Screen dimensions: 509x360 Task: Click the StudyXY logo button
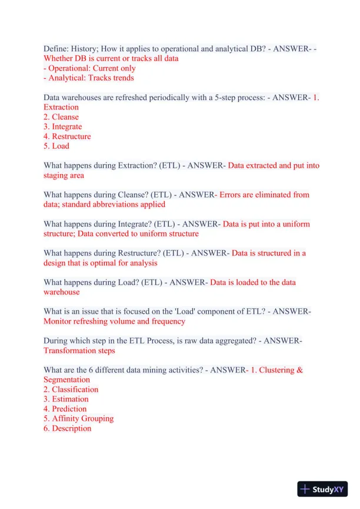tap(322, 489)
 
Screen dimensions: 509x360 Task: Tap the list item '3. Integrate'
tap(63, 127)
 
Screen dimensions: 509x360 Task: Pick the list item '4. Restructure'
tap(67, 137)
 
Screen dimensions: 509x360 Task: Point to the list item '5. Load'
tap(56, 146)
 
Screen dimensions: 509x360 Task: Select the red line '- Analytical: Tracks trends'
tap(89, 78)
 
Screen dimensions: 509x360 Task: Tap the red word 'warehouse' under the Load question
tap(62, 292)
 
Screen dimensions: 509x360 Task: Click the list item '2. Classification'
tap(71, 390)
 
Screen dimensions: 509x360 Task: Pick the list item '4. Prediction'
tap(65, 409)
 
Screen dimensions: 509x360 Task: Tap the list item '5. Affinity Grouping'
tap(78, 418)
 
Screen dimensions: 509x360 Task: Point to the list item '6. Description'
tap(67, 428)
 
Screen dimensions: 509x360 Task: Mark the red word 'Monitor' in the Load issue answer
tap(58, 321)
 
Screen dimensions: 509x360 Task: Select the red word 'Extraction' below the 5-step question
tap(61, 107)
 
